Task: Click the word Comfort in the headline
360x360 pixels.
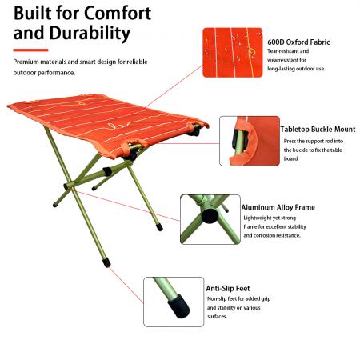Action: point(118,13)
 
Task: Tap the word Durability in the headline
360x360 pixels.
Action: point(90,33)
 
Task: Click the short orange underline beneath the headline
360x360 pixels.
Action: point(30,50)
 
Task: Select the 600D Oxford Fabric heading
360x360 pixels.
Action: point(298,42)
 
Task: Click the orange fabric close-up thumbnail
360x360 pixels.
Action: point(233,53)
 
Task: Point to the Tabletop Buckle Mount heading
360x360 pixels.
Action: point(318,130)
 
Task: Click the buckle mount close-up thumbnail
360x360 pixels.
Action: point(250,141)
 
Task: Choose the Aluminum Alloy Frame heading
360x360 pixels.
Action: point(278,207)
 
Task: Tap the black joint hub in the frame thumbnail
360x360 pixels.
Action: point(210,216)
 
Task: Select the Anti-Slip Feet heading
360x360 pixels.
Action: point(228,289)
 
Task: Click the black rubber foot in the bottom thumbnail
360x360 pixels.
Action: point(179,306)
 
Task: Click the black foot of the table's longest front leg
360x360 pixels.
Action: point(106,262)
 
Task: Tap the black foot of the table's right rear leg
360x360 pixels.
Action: point(159,227)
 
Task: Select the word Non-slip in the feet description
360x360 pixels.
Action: point(217,298)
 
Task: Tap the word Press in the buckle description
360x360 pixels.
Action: point(290,141)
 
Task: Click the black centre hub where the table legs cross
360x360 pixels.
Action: point(66,186)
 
